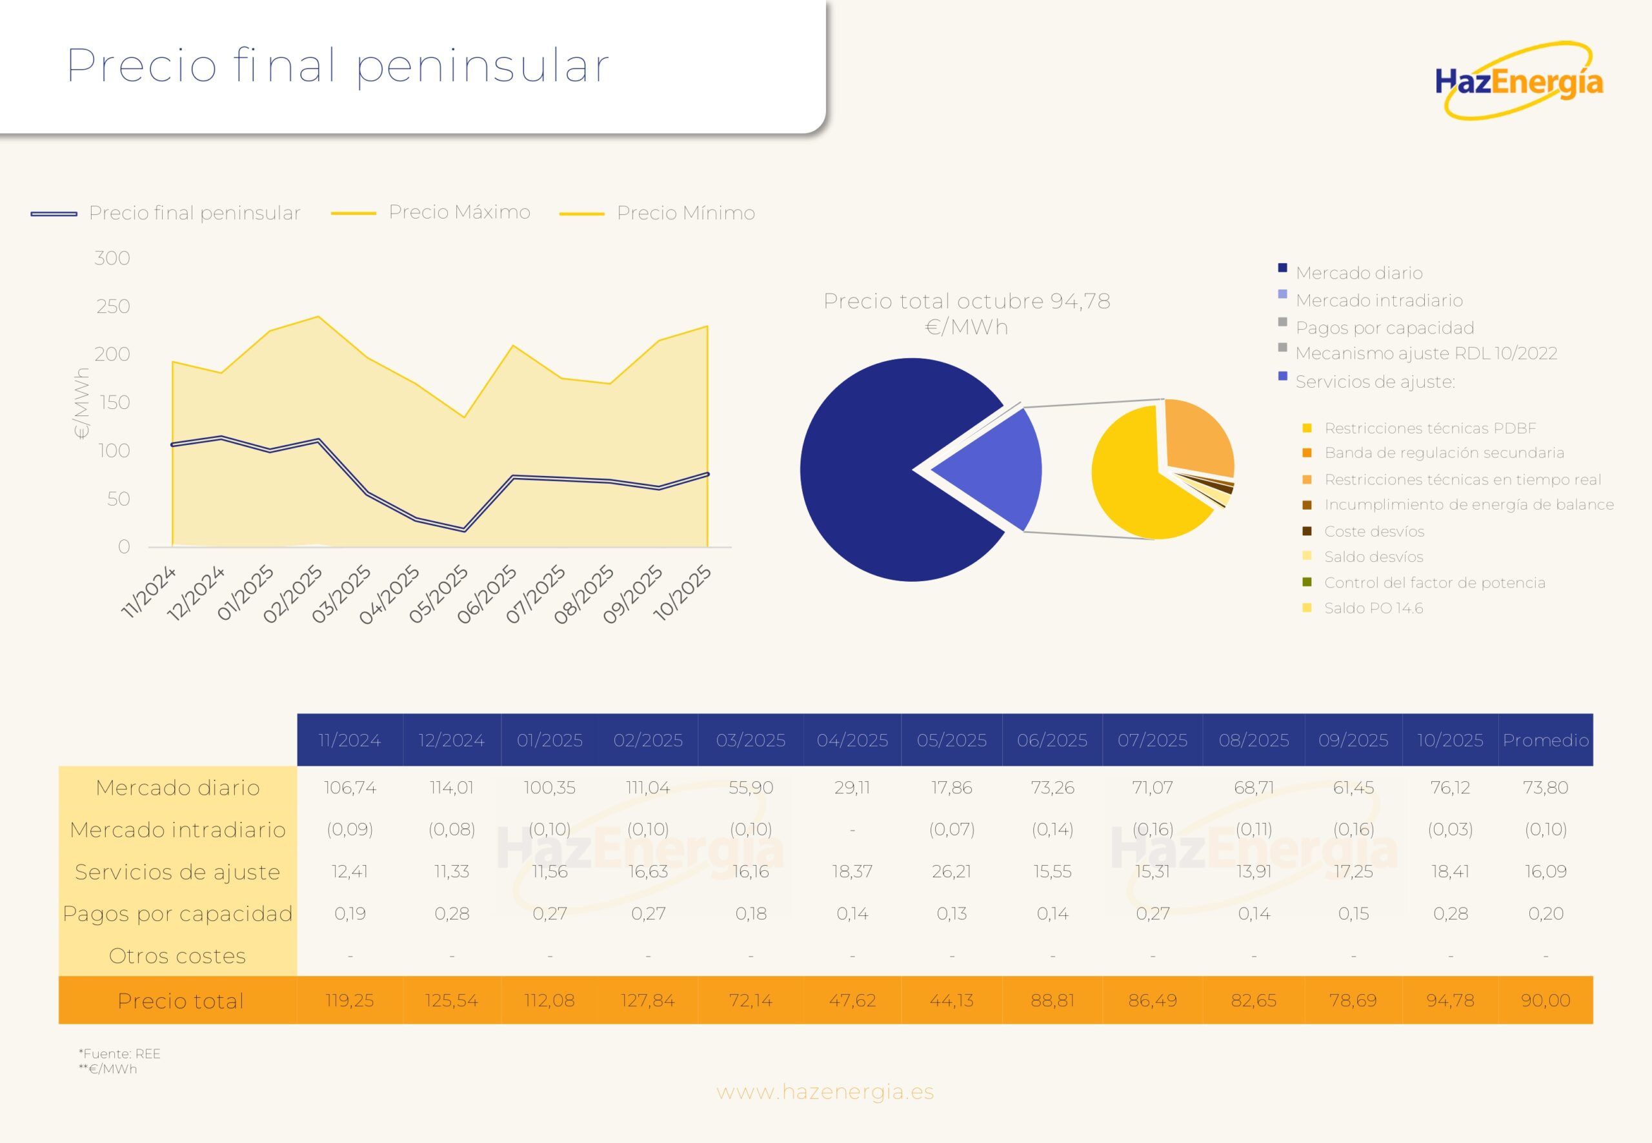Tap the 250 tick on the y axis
113,306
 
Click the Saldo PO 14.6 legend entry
1373,608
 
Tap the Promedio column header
1546,740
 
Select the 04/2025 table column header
852,740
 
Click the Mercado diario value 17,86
951,788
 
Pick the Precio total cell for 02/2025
648,1000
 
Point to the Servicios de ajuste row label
177,871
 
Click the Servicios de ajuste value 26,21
951,871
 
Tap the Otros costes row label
177,956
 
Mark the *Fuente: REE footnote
119,1053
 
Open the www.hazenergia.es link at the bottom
825,1092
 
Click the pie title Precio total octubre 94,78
967,313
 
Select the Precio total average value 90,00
1546,1000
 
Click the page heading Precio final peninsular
337,65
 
